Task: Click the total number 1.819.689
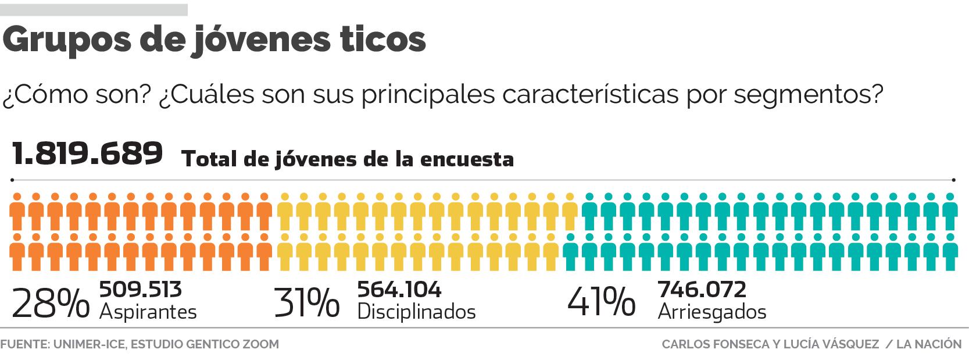point(87,155)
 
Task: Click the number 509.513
point(141,290)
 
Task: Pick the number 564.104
point(399,290)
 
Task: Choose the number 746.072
point(702,290)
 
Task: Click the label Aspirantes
point(148,312)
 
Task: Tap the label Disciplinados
point(416,312)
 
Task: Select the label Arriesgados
point(712,312)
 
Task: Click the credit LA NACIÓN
point(929,344)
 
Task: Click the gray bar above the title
point(94,10)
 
